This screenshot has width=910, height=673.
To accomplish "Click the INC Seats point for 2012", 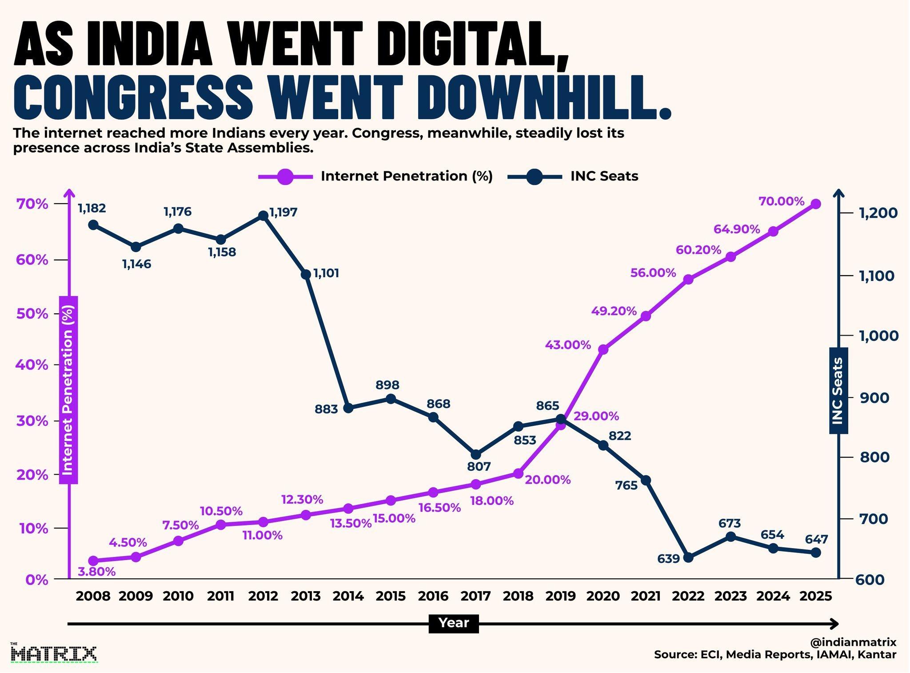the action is (x=263, y=216).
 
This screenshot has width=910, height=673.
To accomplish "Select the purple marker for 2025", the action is (x=816, y=204).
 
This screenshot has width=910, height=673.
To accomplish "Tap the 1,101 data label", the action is (x=326, y=273).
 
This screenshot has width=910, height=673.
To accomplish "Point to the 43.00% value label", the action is (x=568, y=345).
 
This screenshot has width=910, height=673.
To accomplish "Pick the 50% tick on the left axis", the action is (x=32, y=314).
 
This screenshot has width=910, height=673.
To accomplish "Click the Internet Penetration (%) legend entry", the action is (x=376, y=176).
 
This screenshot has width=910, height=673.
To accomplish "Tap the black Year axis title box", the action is (x=454, y=623).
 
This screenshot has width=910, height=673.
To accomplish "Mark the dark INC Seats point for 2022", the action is (x=688, y=557).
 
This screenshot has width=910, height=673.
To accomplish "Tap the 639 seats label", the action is (x=669, y=558).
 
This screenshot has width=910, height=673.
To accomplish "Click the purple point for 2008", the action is (x=93, y=561).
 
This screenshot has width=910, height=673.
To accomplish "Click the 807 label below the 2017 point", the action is (x=479, y=467).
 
